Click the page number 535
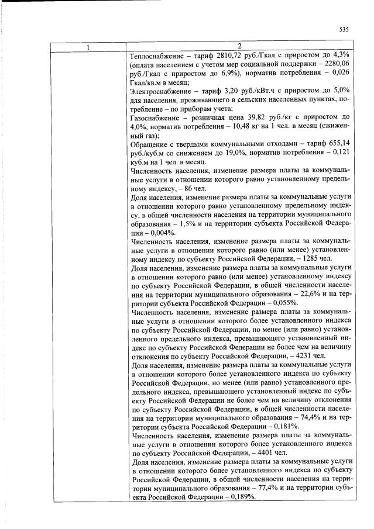click(x=344, y=30)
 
